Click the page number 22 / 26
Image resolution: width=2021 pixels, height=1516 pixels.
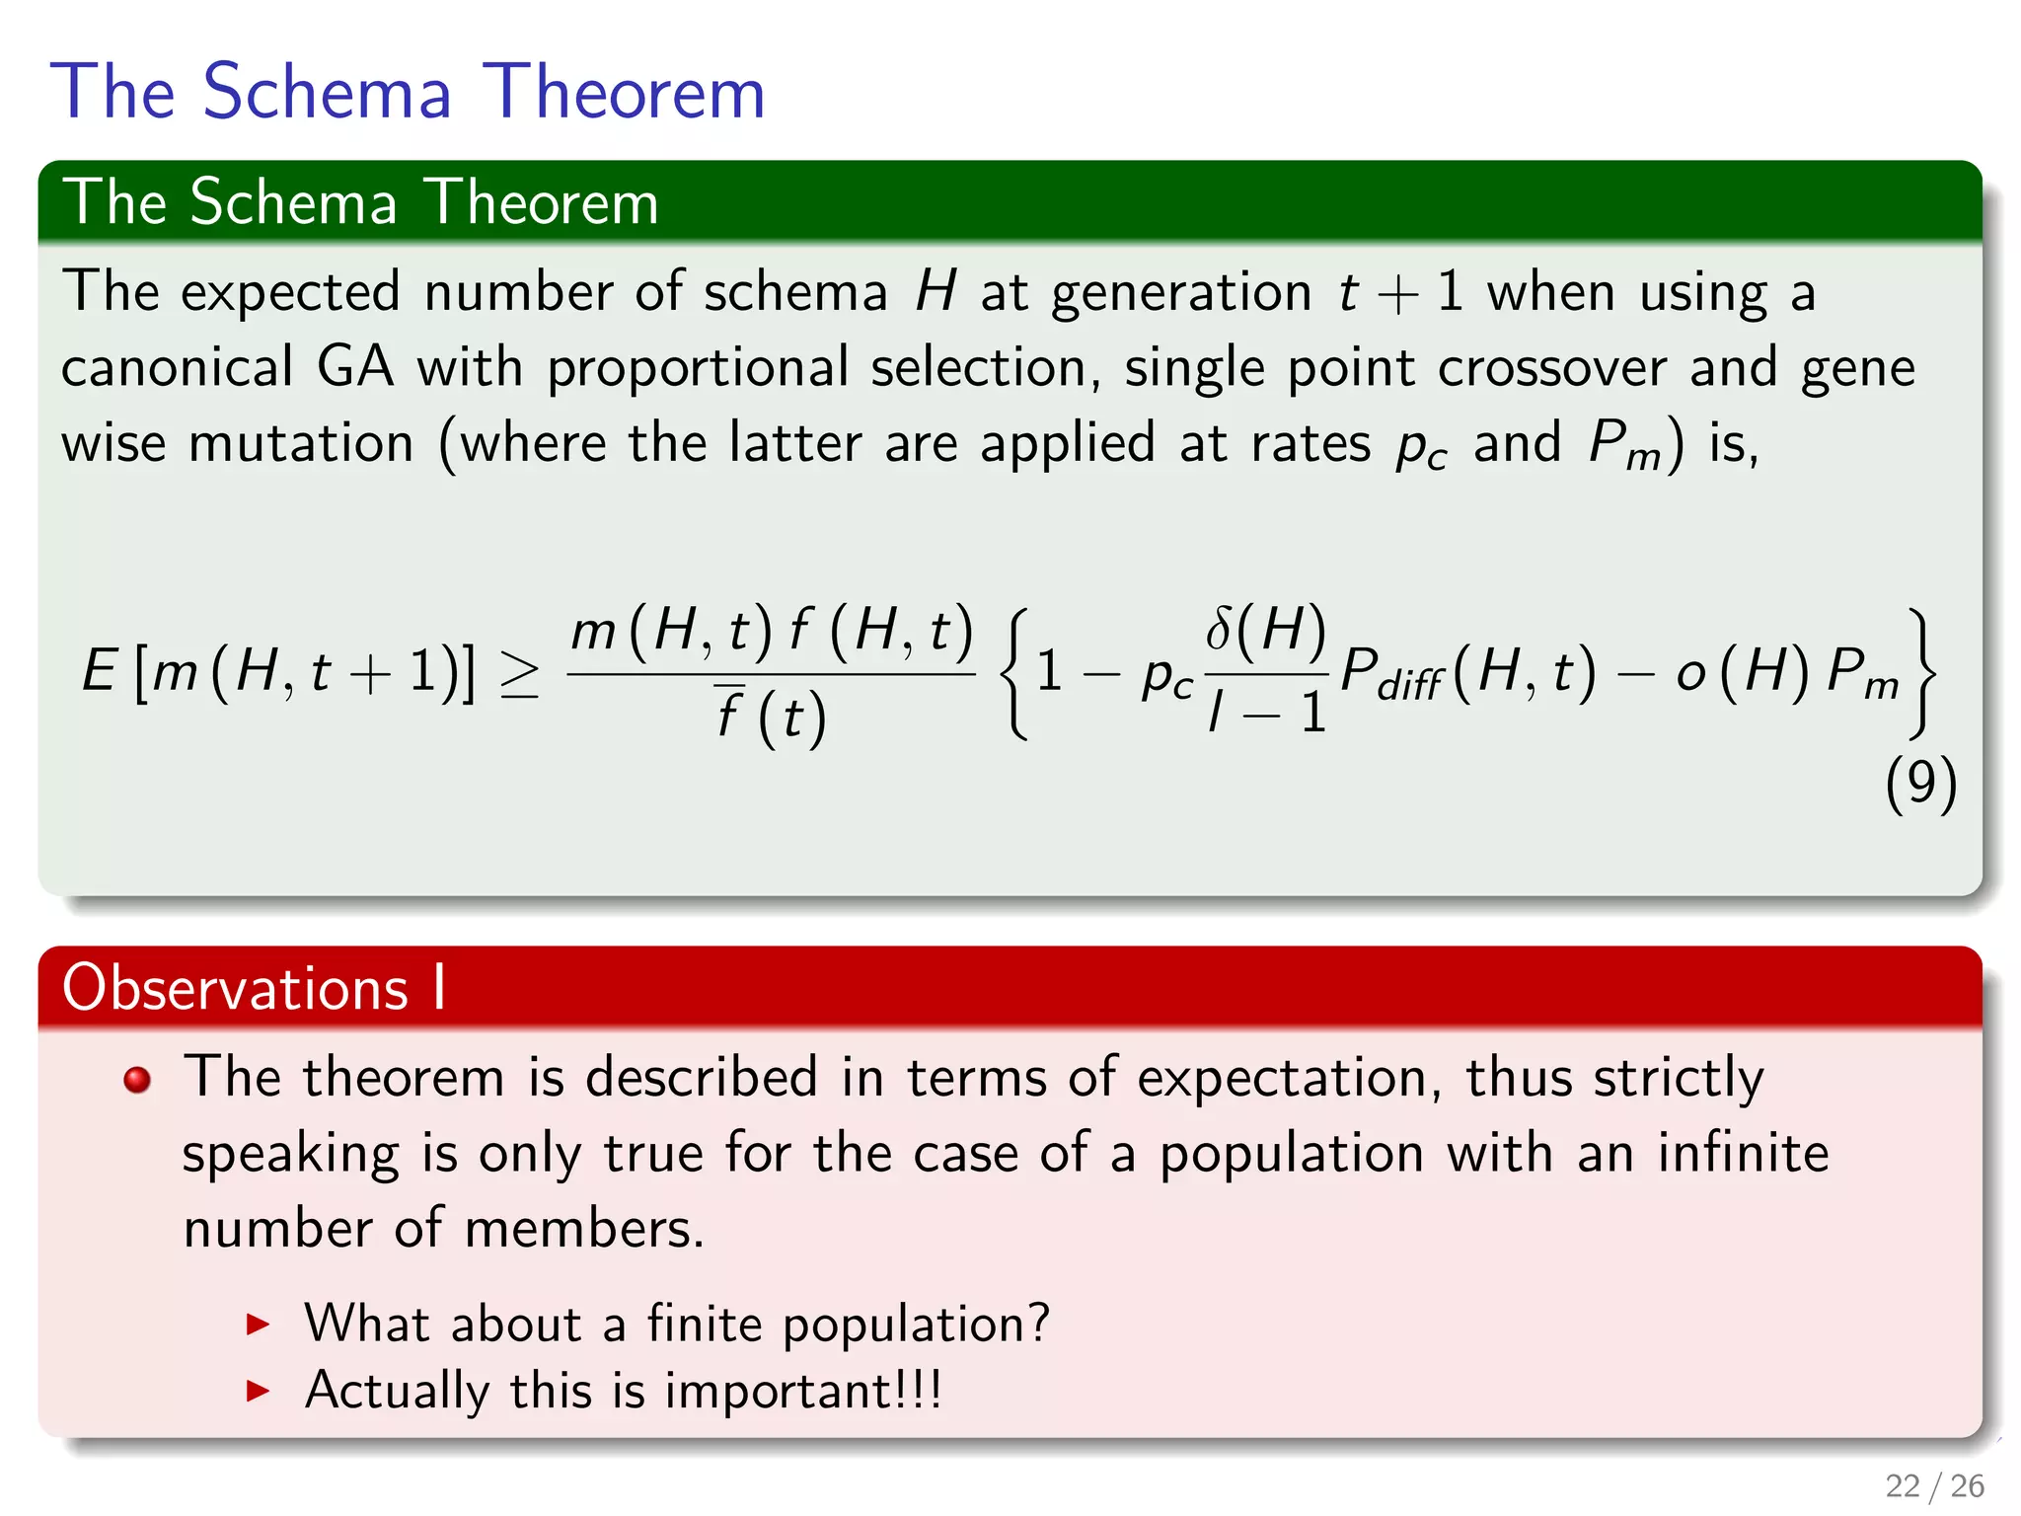tap(1934, 1485)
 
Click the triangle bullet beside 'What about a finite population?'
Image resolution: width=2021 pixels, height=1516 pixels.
tap(258, 1325)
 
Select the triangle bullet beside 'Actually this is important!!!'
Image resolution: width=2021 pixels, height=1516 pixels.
tap(258, 1392)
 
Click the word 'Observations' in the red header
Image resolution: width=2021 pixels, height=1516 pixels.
tap(235, 987)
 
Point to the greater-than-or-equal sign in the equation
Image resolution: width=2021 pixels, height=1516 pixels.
tap(519, 676)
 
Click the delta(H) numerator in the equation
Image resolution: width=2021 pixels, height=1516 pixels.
tap(1266, 630)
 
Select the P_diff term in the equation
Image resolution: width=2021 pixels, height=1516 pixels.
tap(1391, 675)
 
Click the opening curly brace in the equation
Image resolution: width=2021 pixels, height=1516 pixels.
tap(1016, 674)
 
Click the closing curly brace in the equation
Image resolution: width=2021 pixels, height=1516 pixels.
tap(1921, 674)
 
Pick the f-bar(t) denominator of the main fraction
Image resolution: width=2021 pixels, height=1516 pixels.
tap(771, 717)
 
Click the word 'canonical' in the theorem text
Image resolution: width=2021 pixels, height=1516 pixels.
tap(178, 367)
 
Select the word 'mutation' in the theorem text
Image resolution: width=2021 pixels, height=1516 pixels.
tap(301, 443)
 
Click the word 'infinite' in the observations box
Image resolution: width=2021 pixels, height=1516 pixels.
tap(1743, 1153)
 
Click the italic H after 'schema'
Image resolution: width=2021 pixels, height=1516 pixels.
tap(935, 292)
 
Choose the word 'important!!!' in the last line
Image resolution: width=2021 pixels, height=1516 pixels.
tap(803, 1392)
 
